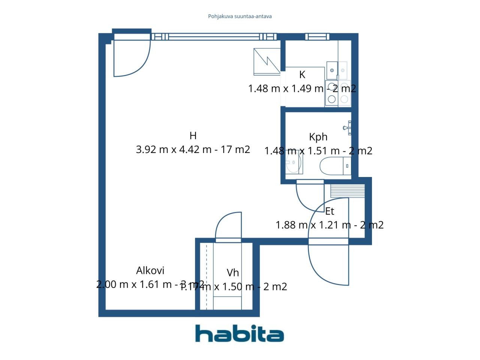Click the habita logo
(x=239, y=333)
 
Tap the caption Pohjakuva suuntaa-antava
(x=240, y=16)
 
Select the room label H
(x=193, y=136)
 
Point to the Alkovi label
(x=150, y=270)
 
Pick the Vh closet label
(x=232, y=273)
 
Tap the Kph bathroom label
(x=318, y=137)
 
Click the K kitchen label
(x=302, y=75)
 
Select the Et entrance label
(x=329, y=211)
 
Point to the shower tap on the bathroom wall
(x=347, y=127)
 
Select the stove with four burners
(x=337, y=93)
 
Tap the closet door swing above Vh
(x=228, y=226)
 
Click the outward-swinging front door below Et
(x=328, y=265)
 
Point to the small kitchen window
(x=317, y=37)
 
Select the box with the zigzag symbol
(x=267, y=61)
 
